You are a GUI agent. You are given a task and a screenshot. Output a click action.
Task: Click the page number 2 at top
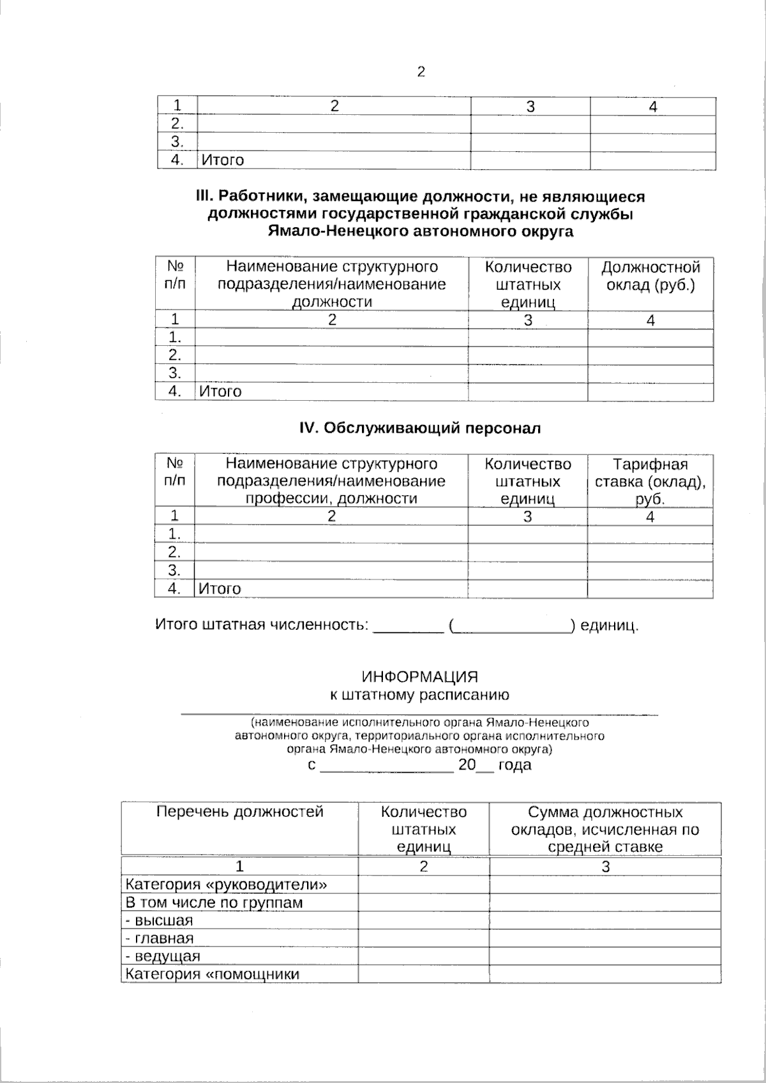tap(421, 72)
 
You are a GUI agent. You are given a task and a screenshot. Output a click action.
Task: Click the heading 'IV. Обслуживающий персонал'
tap(420, 428)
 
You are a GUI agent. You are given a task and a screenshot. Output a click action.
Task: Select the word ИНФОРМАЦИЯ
tap(419, 676)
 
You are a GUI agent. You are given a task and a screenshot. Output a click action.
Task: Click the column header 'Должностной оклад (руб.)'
tap(650, 276)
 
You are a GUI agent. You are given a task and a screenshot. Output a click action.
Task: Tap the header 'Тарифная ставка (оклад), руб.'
tap(650, 481)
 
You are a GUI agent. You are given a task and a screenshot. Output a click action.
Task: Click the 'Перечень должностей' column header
tap(240, 812)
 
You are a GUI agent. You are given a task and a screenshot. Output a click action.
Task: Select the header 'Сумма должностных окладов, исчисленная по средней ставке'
tap(605, 829)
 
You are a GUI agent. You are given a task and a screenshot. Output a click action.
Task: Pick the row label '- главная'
tap(160, 938)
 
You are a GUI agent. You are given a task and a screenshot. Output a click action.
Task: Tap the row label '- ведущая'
tap(163, 956)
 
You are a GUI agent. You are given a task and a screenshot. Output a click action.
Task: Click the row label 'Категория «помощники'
tap(213, 974)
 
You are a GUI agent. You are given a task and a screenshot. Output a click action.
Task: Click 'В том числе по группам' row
tap(214, 902)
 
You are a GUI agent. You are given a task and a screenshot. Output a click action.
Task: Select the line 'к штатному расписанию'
tap(419, 694)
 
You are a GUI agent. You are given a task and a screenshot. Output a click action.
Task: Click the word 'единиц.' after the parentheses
tap(609, 625)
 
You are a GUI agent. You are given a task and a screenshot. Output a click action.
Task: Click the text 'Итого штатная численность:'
tap(262, 624)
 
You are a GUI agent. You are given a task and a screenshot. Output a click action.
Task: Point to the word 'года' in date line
tap(514, 765)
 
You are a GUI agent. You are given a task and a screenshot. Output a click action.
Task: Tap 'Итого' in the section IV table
tap(220, 588)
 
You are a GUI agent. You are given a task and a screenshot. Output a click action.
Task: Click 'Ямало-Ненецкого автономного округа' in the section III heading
tap(420, 232)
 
